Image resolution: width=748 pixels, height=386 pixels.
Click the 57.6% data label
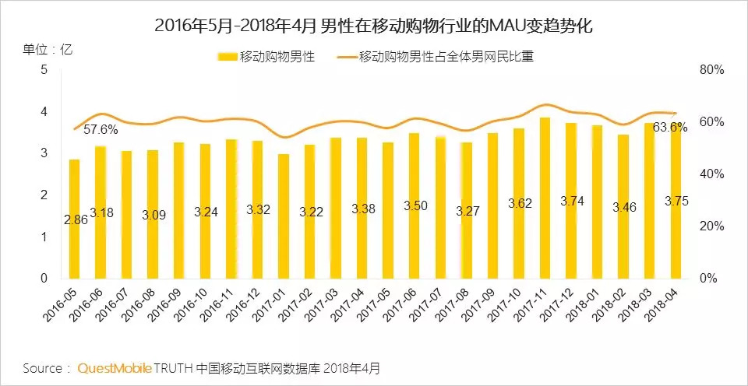(101, 129)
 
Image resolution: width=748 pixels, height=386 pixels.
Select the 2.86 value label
(76, 220)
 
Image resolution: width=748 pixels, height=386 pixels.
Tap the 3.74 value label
(572, 201)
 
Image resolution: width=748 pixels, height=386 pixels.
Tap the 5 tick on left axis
(44, 70)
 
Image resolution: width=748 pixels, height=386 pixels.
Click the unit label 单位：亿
(48, 49)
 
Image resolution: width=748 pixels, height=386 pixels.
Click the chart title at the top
(374, 25)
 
